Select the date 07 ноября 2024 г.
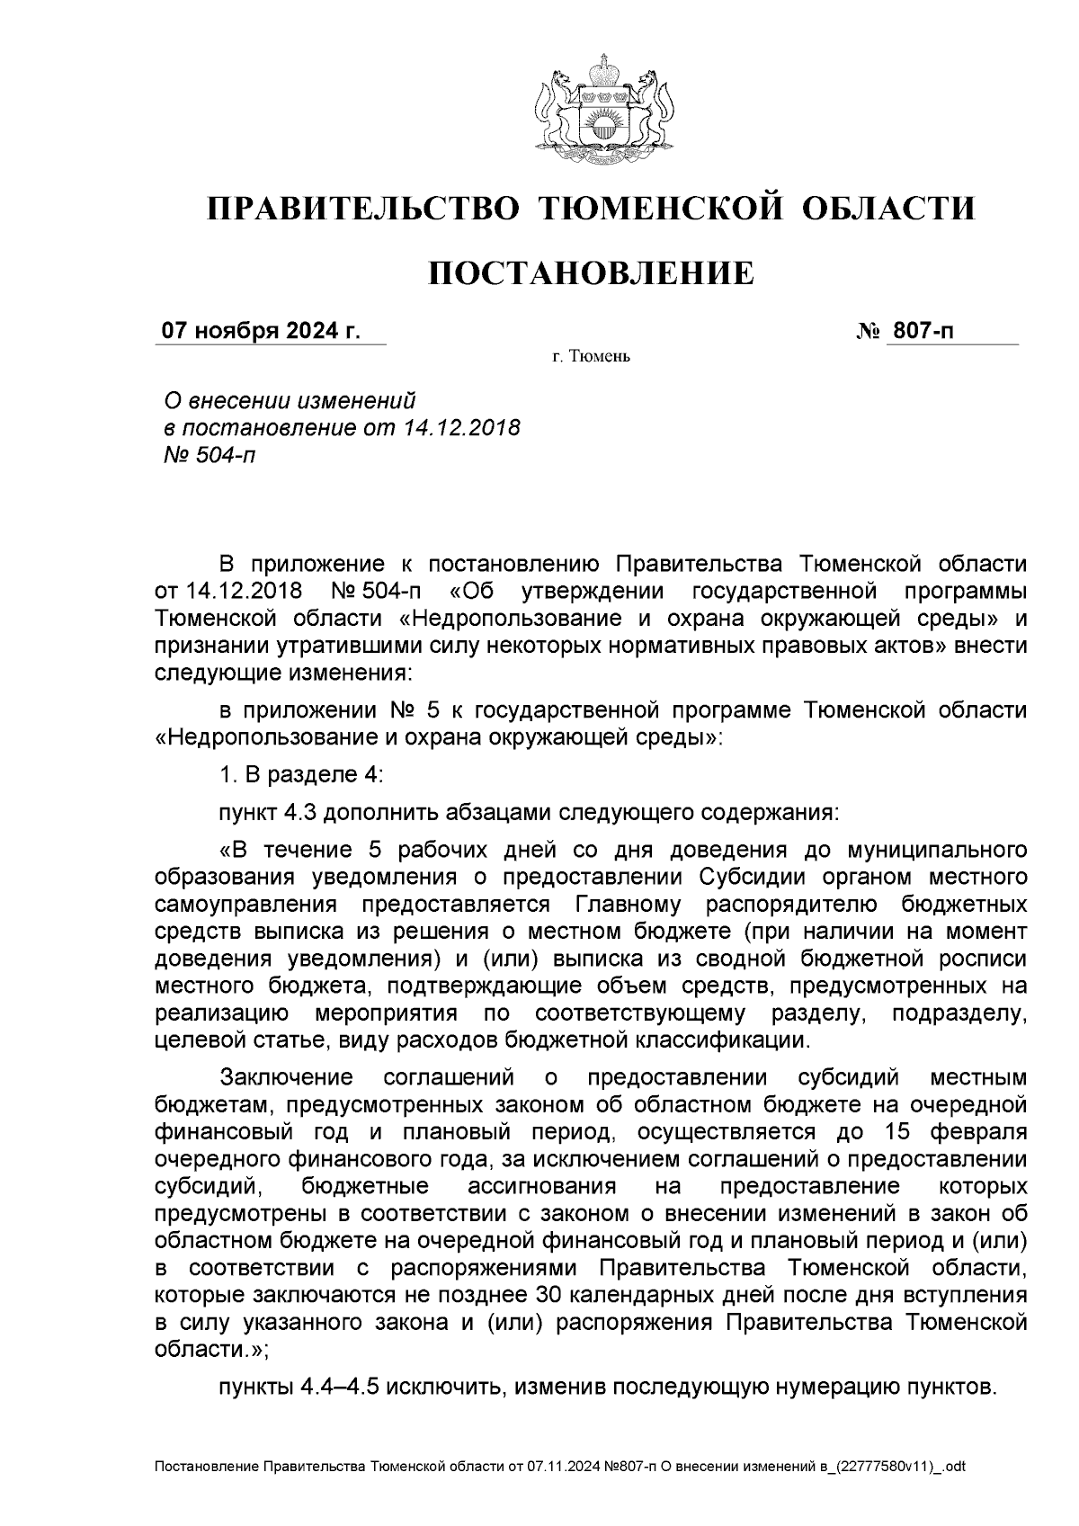tap(260, 332)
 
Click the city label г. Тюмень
tap(591, 358)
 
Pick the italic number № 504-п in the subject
tap(206, 455)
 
